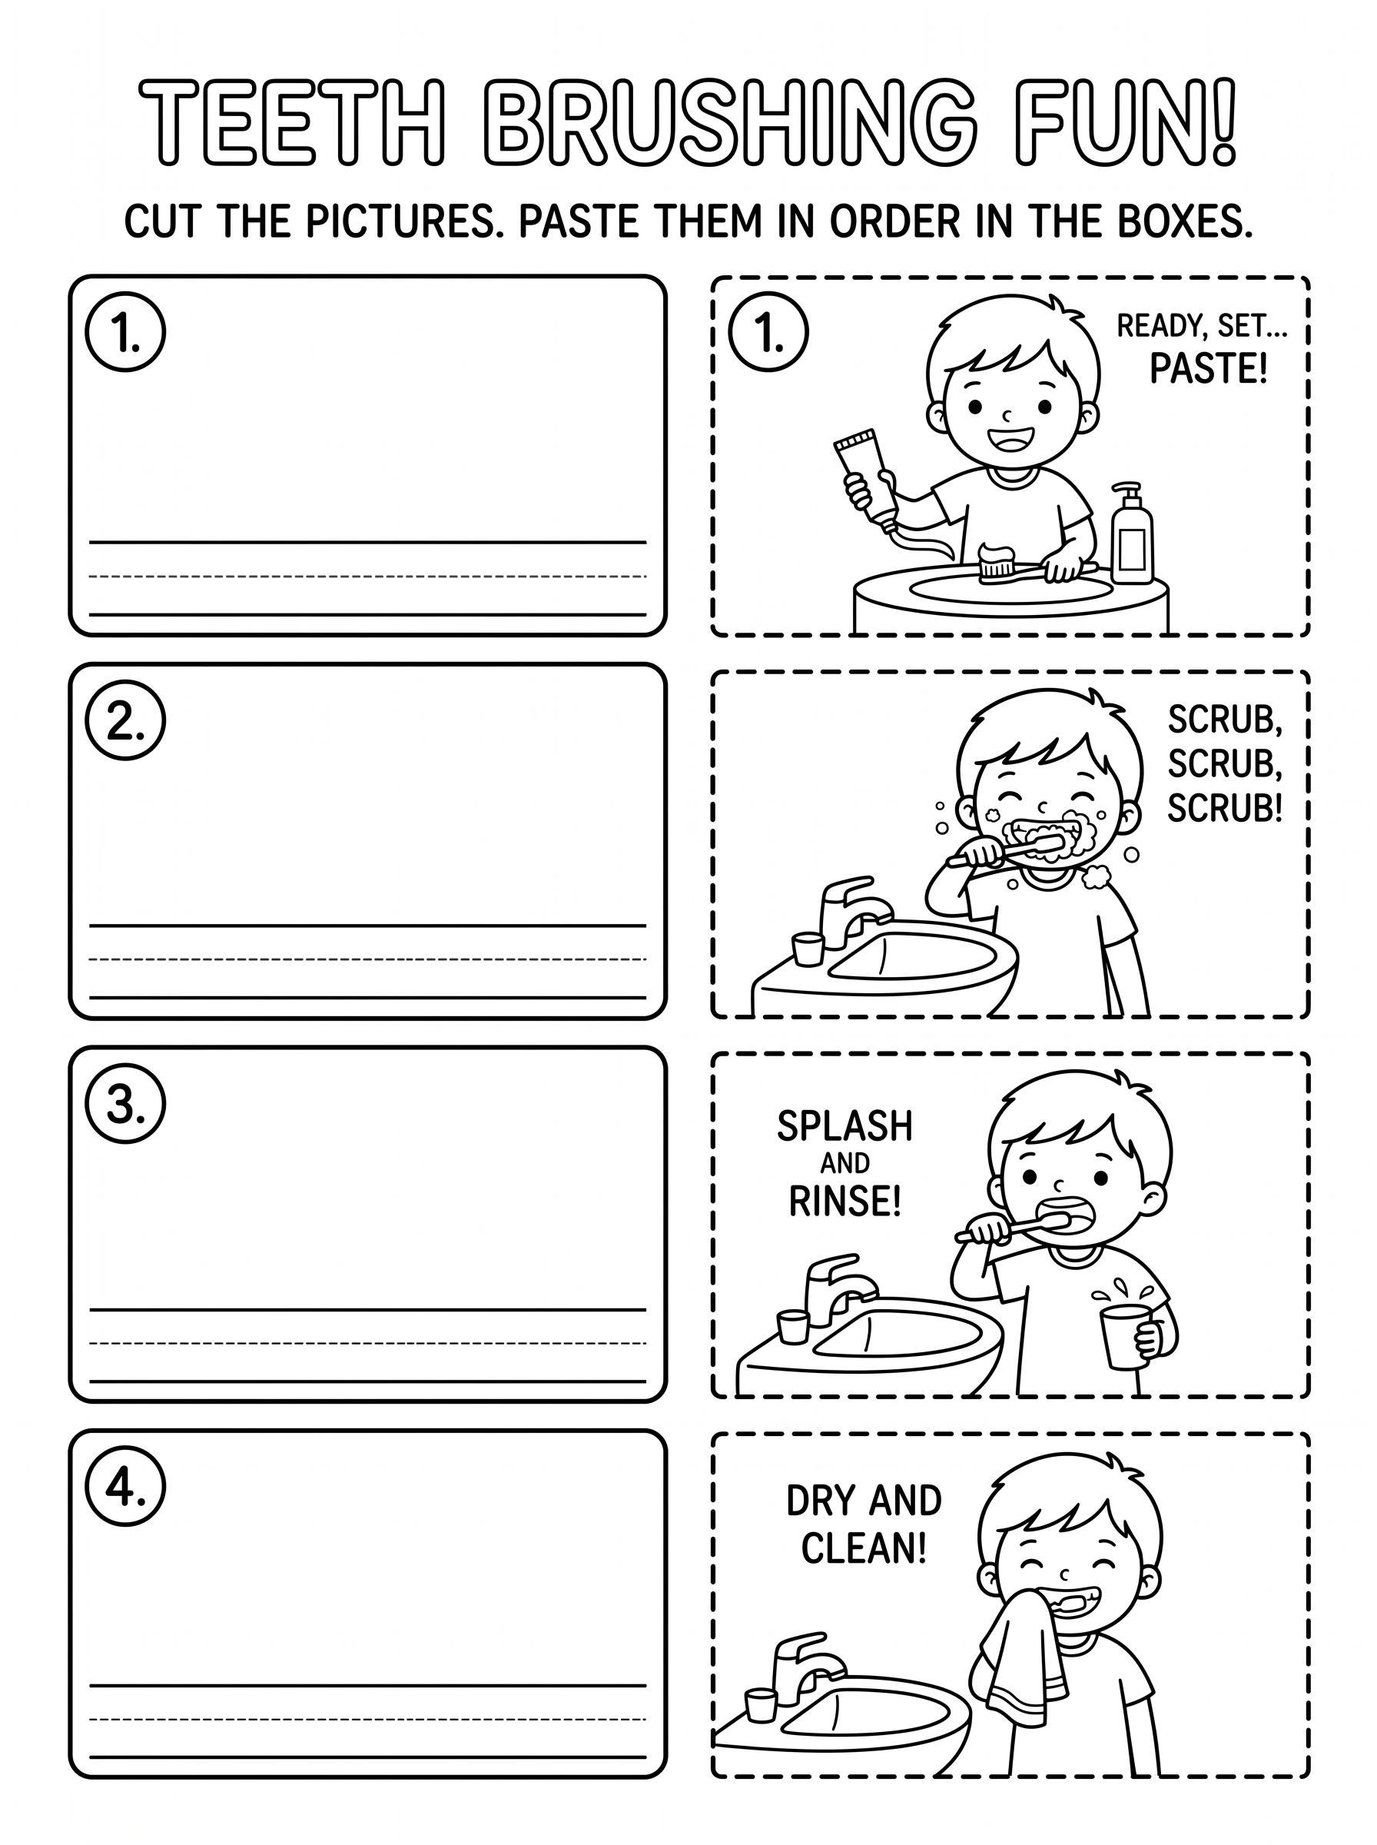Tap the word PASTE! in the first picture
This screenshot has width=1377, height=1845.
[1208, 368]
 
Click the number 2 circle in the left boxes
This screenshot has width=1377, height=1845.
[125, 720]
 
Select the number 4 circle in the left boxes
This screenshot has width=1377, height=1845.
[125, 1486]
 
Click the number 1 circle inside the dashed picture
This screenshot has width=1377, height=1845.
[768, 332]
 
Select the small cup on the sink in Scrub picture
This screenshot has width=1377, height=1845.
[808, 949]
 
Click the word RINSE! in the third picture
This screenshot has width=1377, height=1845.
[845, 1202]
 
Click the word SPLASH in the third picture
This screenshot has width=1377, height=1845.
[845, 1126]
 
